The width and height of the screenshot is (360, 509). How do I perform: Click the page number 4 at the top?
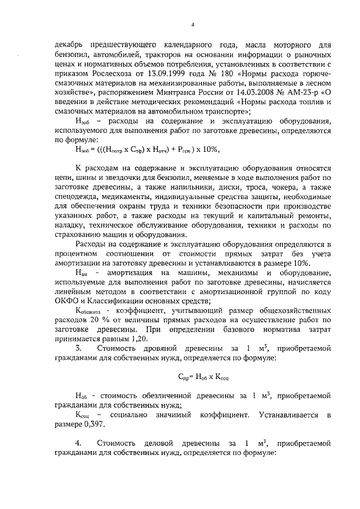click(x=192, y=24)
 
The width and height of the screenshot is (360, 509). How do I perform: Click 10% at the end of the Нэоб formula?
click(x=208, y=148)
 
